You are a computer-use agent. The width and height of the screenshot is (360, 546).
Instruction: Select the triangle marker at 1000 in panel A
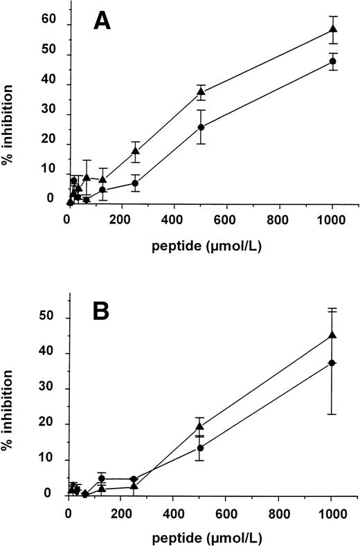tap(333, 29)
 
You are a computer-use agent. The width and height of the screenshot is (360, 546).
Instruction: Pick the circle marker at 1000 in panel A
tap(333, 61)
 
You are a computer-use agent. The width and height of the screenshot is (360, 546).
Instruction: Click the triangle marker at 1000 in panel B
tap(333, 335)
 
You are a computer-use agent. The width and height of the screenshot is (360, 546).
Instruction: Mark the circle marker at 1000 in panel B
tap(332, 363)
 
